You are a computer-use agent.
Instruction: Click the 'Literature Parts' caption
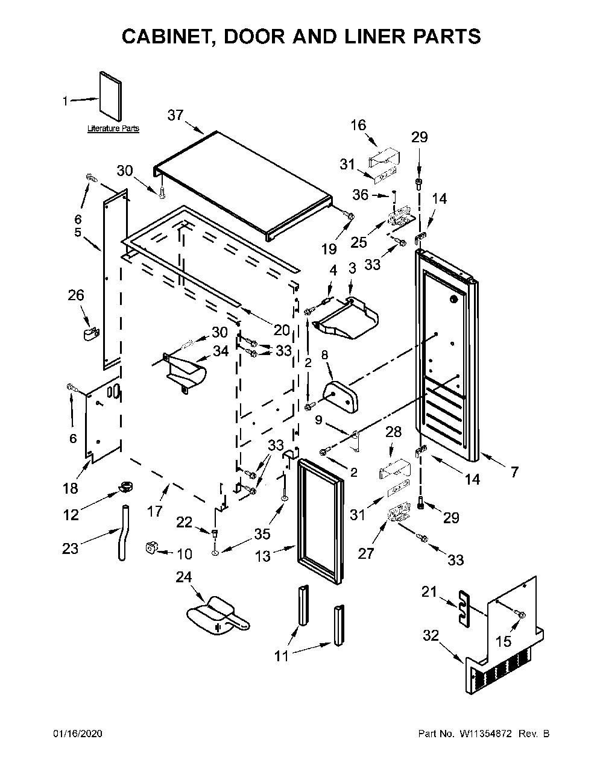click(x=113, y=128)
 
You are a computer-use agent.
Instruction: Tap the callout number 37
click(x=175, y=116)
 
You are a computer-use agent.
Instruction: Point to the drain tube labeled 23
click(x=122, y=533)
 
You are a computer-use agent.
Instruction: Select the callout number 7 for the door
click(x=515, y=472)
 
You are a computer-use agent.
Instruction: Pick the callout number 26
click(x=76, y=295)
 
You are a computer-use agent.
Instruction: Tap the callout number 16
click(x=358, y=125)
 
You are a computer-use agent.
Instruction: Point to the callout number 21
click(x=429, y=591)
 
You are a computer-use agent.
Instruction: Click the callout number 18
click(x=70, y=488)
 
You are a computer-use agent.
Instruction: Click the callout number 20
click(x=282, y=330)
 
